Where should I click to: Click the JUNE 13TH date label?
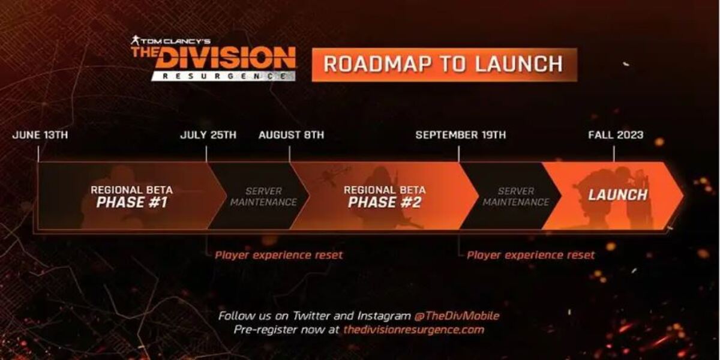point(40,134)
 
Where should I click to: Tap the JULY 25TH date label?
point(208,134)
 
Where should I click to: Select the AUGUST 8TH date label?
point(291,134)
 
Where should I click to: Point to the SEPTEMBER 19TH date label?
point(461,134)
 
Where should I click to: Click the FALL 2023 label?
point(616,134)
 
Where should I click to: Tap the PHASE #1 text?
point(132,203)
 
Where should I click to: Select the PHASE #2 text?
point(385,203)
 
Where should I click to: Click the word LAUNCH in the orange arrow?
point(618,195)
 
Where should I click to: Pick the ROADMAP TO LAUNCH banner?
point(445,65)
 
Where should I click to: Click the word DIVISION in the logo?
point(227,58)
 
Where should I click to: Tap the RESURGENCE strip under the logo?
point(223,76)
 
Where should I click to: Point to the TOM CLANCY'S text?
point(175,41)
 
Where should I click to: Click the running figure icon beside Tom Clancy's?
point(135,41)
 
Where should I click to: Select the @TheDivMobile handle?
point(457,316)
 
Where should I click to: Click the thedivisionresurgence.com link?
point(414,330)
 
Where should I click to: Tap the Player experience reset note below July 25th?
point(278,255)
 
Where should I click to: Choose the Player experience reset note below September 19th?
point(530,255)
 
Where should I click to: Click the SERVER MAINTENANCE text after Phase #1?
point(263,197)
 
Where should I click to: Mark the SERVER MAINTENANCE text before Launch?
point(516,197)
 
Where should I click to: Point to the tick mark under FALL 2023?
point(614,154)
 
